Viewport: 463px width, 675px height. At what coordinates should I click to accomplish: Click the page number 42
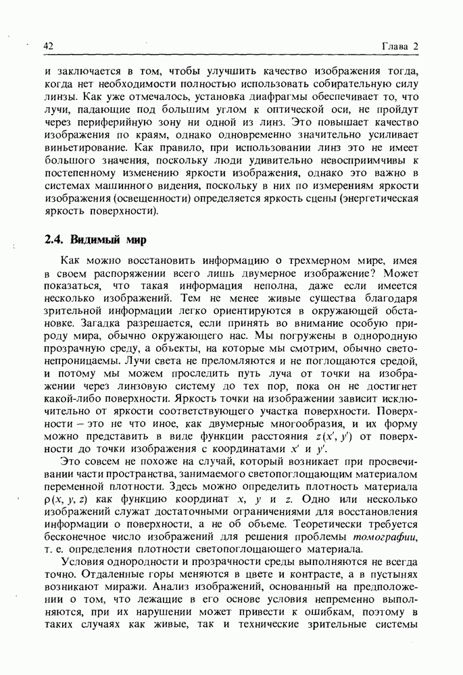[x=48, y=45]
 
